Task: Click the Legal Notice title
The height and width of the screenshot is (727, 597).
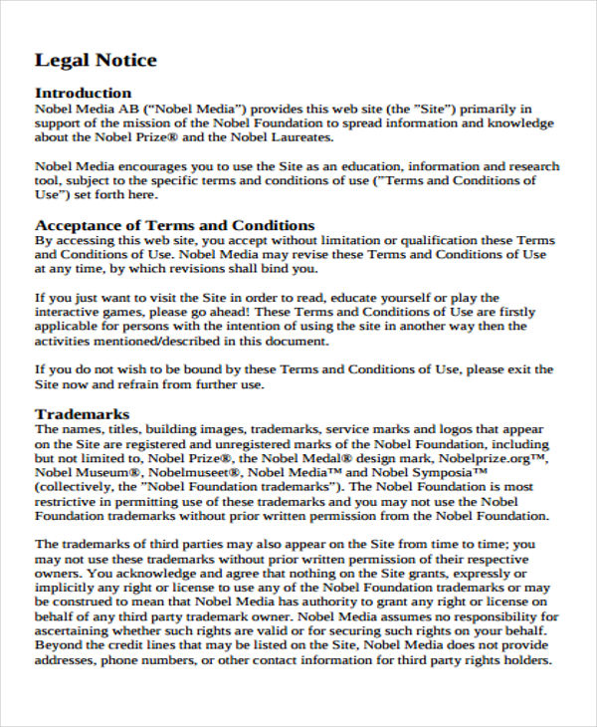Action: [96, 61]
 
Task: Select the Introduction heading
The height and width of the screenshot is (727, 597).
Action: [83, 94]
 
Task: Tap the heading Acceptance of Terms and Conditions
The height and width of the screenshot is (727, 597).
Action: [175, 225]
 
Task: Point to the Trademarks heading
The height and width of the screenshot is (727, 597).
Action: [83, 413]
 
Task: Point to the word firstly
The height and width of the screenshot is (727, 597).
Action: [531, 313]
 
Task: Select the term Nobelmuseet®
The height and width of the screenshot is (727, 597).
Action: [193, 473]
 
